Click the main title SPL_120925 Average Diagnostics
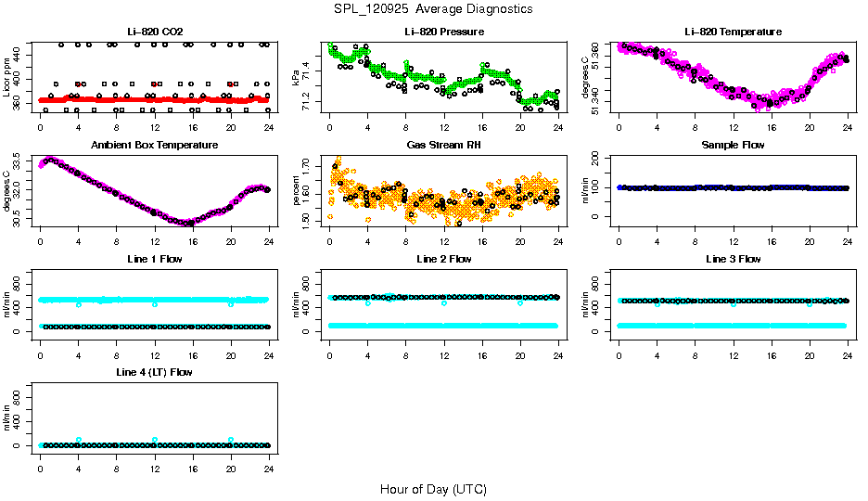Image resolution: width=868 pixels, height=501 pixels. pos(433,8)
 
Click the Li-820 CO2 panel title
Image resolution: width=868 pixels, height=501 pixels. pos(154,32)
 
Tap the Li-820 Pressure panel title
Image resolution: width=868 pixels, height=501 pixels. pos(443,32)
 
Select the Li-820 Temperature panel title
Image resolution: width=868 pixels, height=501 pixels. pos(733,32)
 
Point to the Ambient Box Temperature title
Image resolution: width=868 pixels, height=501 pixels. pos(154,146)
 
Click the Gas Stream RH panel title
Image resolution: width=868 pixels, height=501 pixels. pos(443,146)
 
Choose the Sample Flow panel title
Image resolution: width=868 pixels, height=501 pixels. pos(733,146)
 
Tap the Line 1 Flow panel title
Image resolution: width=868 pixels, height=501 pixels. pos(154,259)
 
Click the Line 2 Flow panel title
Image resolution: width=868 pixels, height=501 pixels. pos(443,259)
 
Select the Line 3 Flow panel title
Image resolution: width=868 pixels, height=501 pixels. pos(733,259)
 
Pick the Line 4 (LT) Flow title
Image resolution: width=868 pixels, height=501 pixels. pos(154,372)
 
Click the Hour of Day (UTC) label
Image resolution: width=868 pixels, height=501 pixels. pos(433,488)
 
